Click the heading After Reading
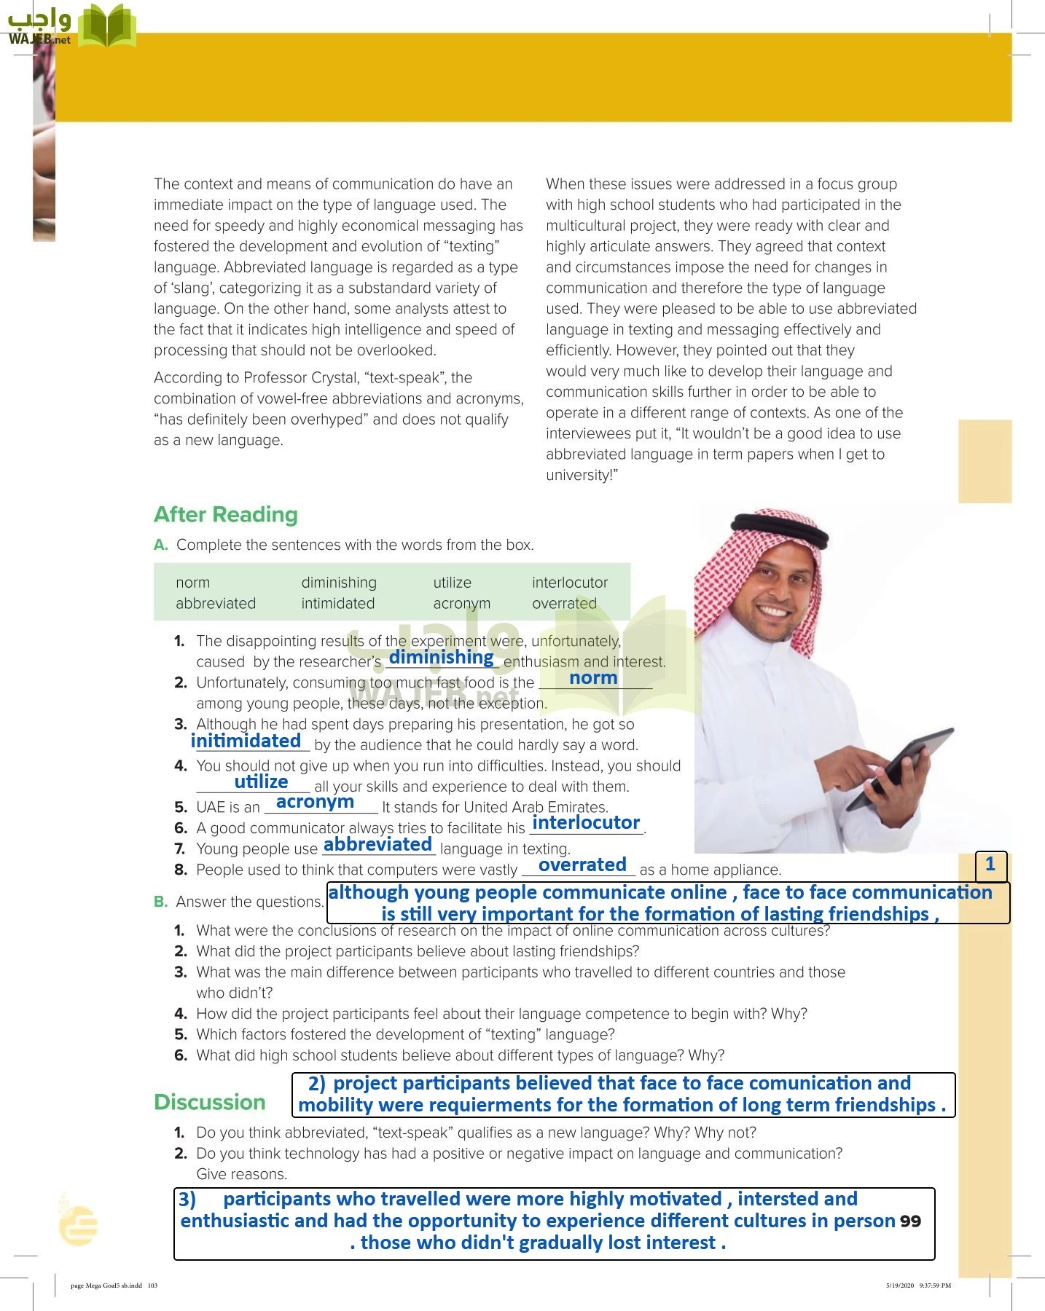225,515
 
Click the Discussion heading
209,1102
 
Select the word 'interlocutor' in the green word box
569,583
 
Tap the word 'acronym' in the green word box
461,604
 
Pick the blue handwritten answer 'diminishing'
441,657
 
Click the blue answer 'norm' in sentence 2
593,678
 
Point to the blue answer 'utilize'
261,782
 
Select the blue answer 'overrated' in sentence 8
582,865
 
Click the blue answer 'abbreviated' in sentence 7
377,845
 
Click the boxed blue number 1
990,865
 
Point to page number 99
910,1221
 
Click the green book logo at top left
106,26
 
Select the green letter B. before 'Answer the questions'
160,902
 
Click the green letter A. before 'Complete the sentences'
160,546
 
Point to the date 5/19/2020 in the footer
899,1286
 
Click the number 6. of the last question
181,1055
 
